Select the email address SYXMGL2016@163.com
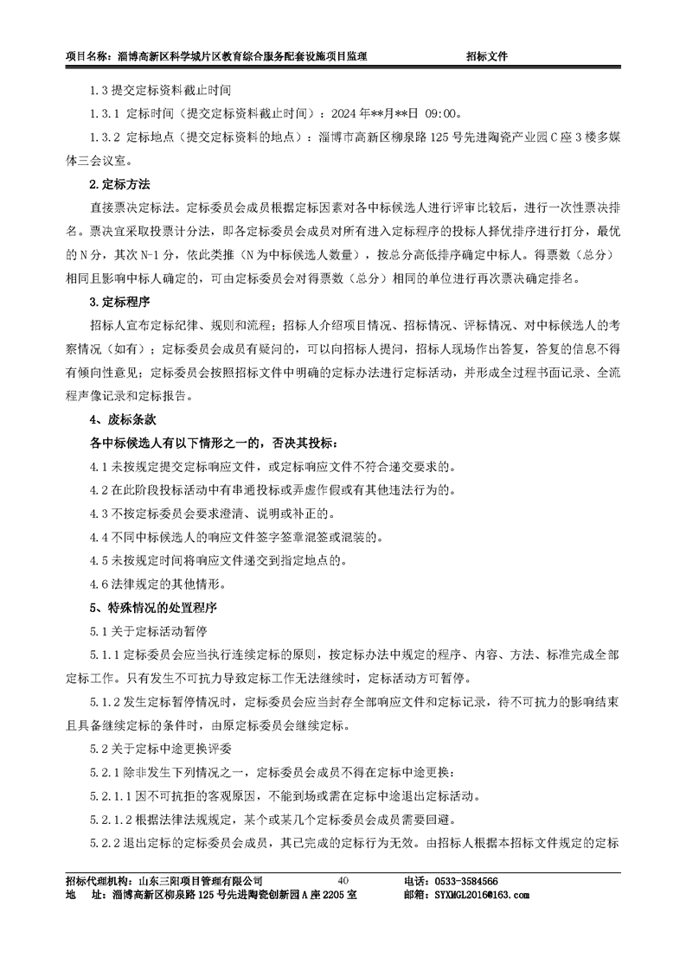coord(484,895)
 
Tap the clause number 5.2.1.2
coord(112,818)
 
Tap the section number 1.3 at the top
coord(98,89)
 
